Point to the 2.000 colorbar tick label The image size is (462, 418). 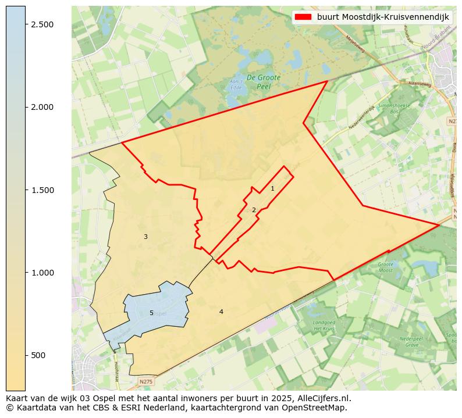[42, 107]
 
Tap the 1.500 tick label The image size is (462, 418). [42, 190]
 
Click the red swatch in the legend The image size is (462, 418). [303, 17]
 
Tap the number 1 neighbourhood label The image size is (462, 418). [272, 188]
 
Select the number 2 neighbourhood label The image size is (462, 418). [254, 210]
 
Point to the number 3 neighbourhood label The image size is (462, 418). [145, 237]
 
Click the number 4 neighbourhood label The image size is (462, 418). [221, 312]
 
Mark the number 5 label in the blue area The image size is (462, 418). [151, 313]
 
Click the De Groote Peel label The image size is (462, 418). [264, 81]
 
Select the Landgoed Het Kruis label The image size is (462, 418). [325, 325]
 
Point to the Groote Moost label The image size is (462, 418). [386, 267]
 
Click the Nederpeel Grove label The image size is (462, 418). [412, 342]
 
